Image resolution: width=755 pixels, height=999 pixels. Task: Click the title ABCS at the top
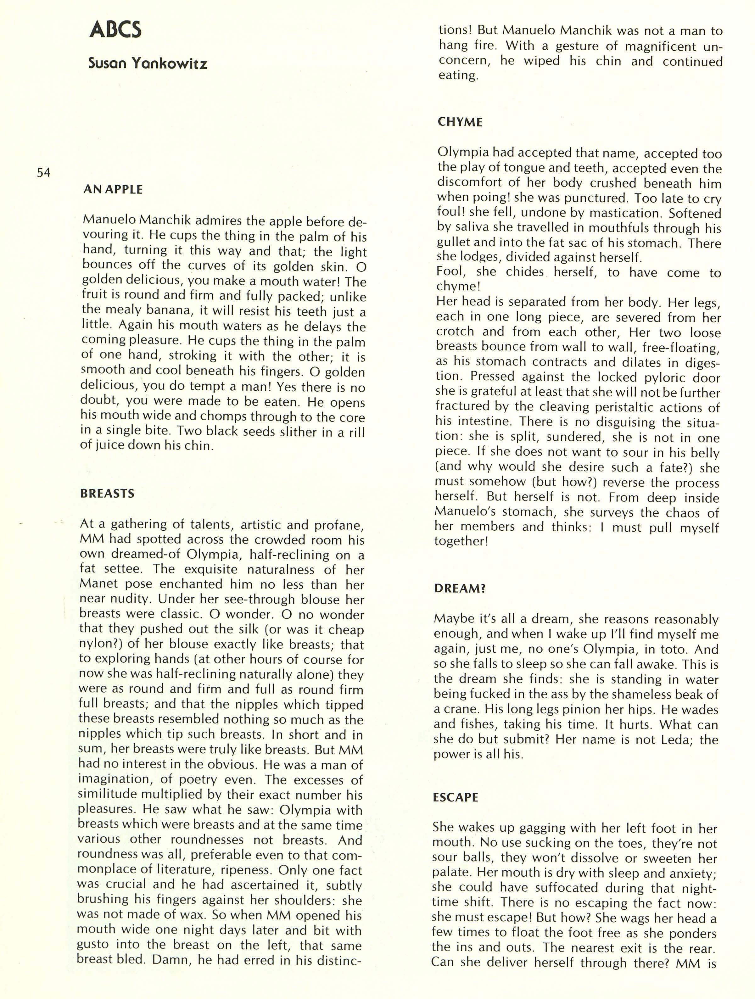[x=115, y=30]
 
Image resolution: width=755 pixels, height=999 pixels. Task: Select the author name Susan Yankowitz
[x=148, y=63]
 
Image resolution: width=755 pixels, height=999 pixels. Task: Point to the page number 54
[x=43, y=172]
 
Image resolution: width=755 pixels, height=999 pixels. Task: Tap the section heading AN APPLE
[x=113, y=189]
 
